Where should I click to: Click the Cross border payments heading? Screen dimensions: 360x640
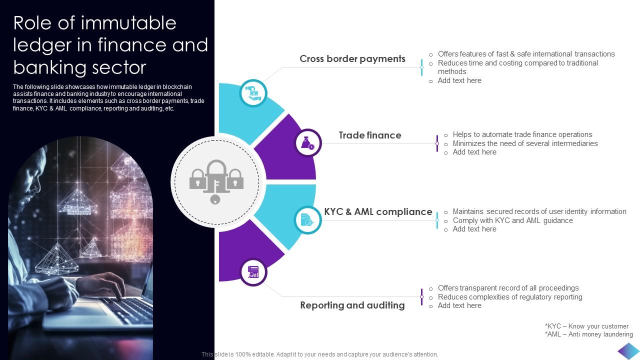point(352,59)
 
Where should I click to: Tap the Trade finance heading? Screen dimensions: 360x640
point(369,135)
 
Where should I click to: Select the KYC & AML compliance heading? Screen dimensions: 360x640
point(378,211)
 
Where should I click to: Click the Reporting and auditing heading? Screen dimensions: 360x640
point(352,305)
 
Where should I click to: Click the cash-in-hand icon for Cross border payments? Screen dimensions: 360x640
point(253,93)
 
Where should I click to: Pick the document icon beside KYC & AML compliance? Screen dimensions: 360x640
point(307,219)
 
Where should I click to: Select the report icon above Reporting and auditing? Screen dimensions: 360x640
point(253,272)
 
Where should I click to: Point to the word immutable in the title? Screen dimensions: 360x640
point(128,23)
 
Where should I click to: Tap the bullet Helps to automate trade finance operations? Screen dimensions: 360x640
point(522,134)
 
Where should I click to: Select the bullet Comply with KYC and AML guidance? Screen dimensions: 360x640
point(512,220)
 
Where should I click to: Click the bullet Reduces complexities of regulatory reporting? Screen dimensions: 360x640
point(509,297)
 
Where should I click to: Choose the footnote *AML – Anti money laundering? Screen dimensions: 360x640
point(588,334)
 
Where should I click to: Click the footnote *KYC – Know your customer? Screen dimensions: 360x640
point(586,326)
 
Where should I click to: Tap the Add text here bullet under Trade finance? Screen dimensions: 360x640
point(474,152)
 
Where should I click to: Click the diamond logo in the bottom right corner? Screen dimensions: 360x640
point(628,351)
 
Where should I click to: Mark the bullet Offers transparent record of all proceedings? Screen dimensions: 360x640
point(508,288)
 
